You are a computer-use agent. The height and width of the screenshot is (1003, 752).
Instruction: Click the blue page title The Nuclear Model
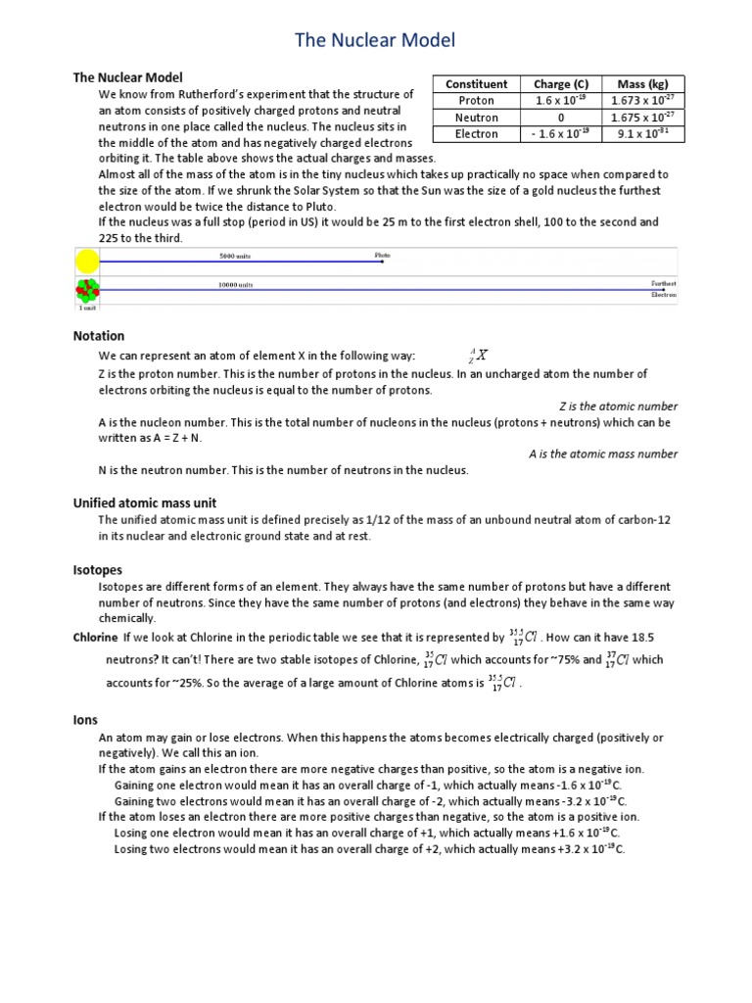(376, 40)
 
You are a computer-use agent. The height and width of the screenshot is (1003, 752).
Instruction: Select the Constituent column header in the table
(477, 84)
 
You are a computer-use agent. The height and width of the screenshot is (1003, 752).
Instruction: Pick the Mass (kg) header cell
(642, 84)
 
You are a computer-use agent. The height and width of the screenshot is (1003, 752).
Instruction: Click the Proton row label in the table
(477, 101)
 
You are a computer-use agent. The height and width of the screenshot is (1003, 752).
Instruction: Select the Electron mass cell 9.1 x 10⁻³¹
(642, 134)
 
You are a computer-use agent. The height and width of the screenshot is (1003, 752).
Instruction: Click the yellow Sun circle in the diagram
(87, 262)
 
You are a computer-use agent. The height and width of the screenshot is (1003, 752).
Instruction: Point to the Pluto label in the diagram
(382, 255)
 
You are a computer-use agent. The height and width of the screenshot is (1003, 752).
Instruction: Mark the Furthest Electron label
(663, 289)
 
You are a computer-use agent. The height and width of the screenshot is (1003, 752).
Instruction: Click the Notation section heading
(99, 336)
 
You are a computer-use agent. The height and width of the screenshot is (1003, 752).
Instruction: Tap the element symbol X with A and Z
(480, 356)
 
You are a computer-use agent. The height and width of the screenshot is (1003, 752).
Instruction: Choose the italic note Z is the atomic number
(618, 406)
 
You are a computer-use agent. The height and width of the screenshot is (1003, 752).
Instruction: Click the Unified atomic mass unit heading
(145, 502)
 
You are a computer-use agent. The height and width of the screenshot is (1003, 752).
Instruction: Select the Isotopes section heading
(98, 569)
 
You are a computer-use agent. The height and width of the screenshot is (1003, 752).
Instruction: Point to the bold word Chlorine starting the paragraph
(96, 637)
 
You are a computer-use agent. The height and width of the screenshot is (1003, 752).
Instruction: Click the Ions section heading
(86, 720)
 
